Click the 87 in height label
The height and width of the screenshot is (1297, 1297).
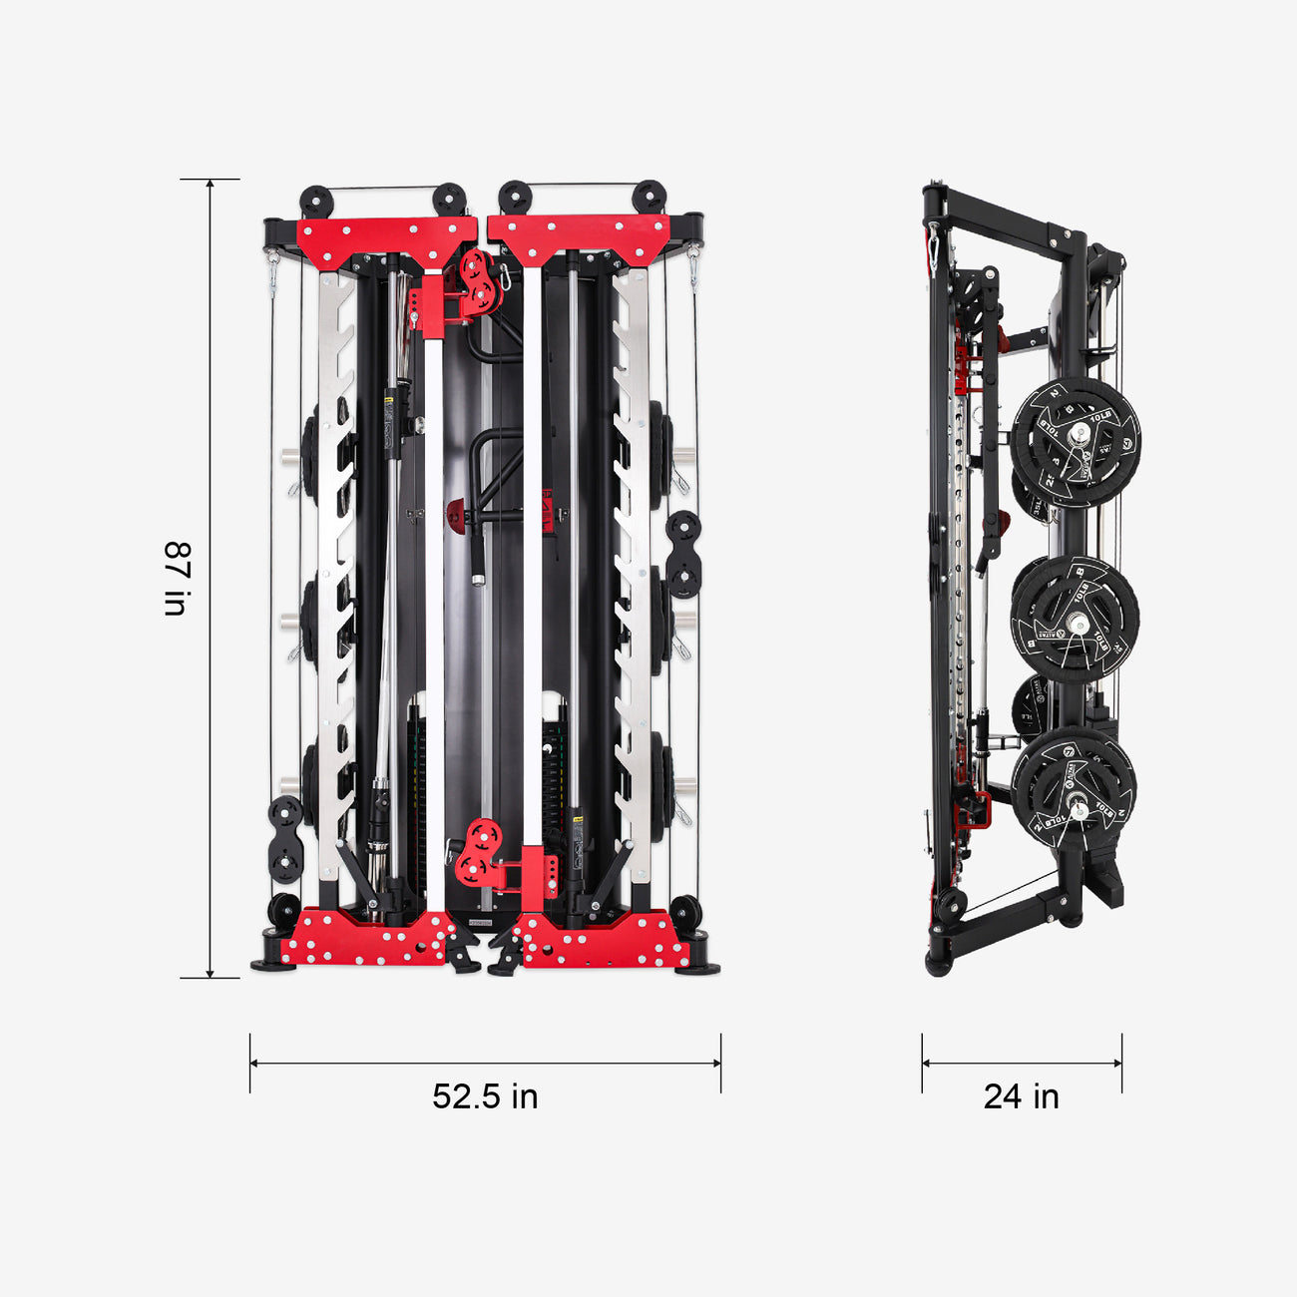click(x=177, y=579)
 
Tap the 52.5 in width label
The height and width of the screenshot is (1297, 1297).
click(x=485, y=1096)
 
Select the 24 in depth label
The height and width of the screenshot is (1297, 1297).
click(x=1021, y=1096)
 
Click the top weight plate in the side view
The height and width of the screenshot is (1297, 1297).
click(x=1076, y=436)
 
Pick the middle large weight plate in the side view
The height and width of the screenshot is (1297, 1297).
click(x=1076, y=620)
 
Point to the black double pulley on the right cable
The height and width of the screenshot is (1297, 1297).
click(x=683, y=554)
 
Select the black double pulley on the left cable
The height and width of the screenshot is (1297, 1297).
click(x=286, y=839)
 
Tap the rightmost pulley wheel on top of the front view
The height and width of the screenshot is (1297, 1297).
click(x=650, y=196)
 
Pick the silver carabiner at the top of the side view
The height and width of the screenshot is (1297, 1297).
click(x=933, y=249)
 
